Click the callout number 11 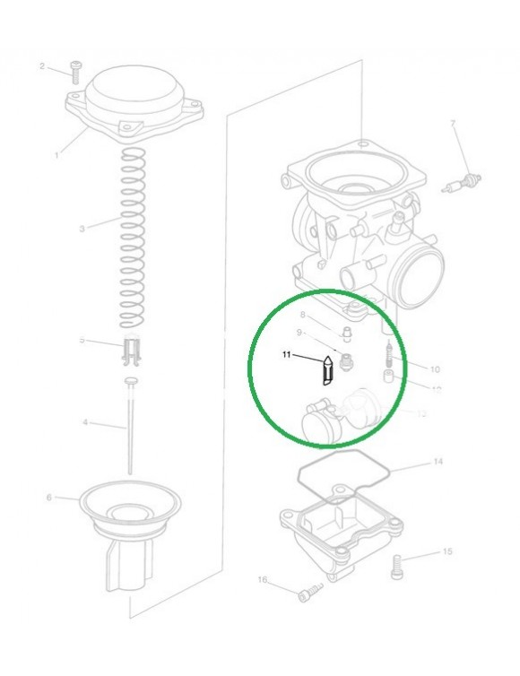point(287,355)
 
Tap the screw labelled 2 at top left point(76,69)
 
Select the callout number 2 point(42,66)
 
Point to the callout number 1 point(56,154)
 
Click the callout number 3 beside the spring point(82,229)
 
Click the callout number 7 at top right point(453,123)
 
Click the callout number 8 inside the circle point(303,315)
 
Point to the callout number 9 point(301,333)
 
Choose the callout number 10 point(436,368)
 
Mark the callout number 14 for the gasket point(438,463)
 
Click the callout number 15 point(447,552)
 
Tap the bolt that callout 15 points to point(398,564)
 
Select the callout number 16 point(263,580)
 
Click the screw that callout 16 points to point(310,592)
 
